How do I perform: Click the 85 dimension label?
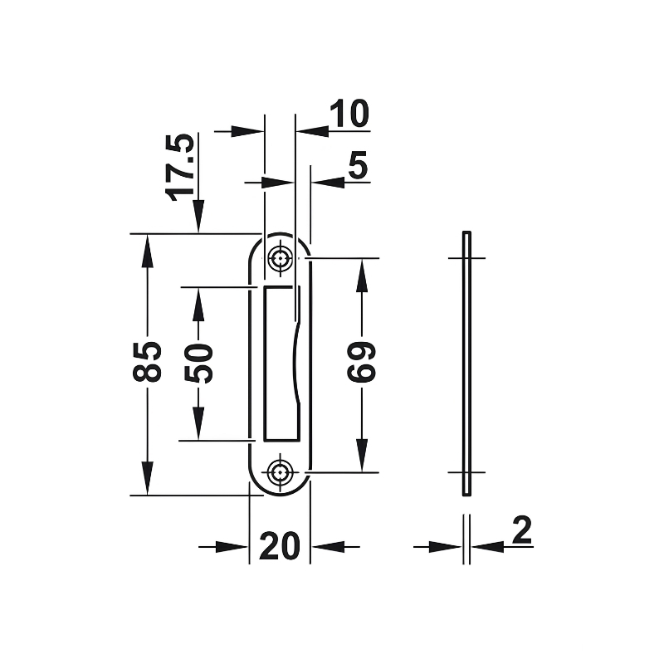pyautogui.click(x=147, y=362)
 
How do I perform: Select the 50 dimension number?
pyautogui.click(x=198, y=363)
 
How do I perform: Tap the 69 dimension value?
pyautogui.click(x=361, y=362)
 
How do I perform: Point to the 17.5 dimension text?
pyautogui.click(x=180, y=168)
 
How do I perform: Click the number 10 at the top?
pyautogui.click(x=349, y=114)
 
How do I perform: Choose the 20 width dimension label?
pyautogui.click(x=279, y=546)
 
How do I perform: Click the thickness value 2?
pyautogui.click(x=522, y=530)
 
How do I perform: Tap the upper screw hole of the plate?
pyautogui.click(x=280, y=257)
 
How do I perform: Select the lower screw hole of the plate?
pyautogui.click(x=280, y=471)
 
